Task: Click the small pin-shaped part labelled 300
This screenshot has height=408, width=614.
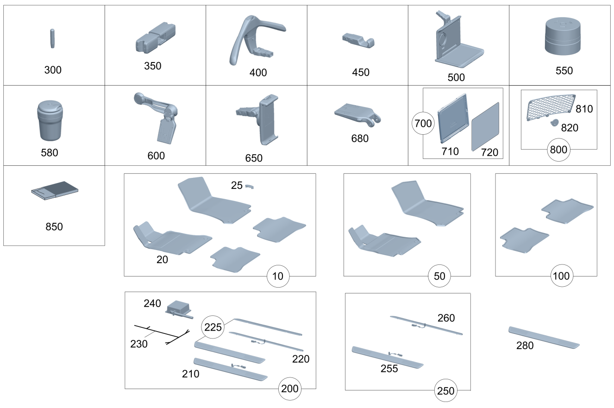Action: [52, 38]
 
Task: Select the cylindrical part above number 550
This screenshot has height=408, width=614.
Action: [563, 36]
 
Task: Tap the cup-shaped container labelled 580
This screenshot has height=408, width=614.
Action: [50, 120]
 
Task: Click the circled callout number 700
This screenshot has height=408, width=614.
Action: [423, 123]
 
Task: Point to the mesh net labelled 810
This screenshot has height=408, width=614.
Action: [551, 107]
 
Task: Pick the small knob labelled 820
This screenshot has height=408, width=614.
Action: [554, 123]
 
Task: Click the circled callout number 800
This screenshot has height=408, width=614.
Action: [558, 150]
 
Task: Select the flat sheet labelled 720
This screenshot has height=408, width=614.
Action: [485, 127]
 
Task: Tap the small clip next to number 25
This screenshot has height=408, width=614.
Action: [250, 187]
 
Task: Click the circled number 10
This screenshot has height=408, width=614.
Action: [278, 276]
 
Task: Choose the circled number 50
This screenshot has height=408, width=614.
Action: [439, 276]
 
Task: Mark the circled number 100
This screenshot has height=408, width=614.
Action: [562, 276]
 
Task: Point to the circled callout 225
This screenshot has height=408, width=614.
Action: [213, 327]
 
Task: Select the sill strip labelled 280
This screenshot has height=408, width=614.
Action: [544, 338]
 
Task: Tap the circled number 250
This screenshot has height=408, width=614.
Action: [446, 390]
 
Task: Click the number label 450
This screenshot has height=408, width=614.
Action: [361, 72]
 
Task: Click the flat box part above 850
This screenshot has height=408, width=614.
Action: [55, 190]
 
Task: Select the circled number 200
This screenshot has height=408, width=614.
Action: [290, 389]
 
